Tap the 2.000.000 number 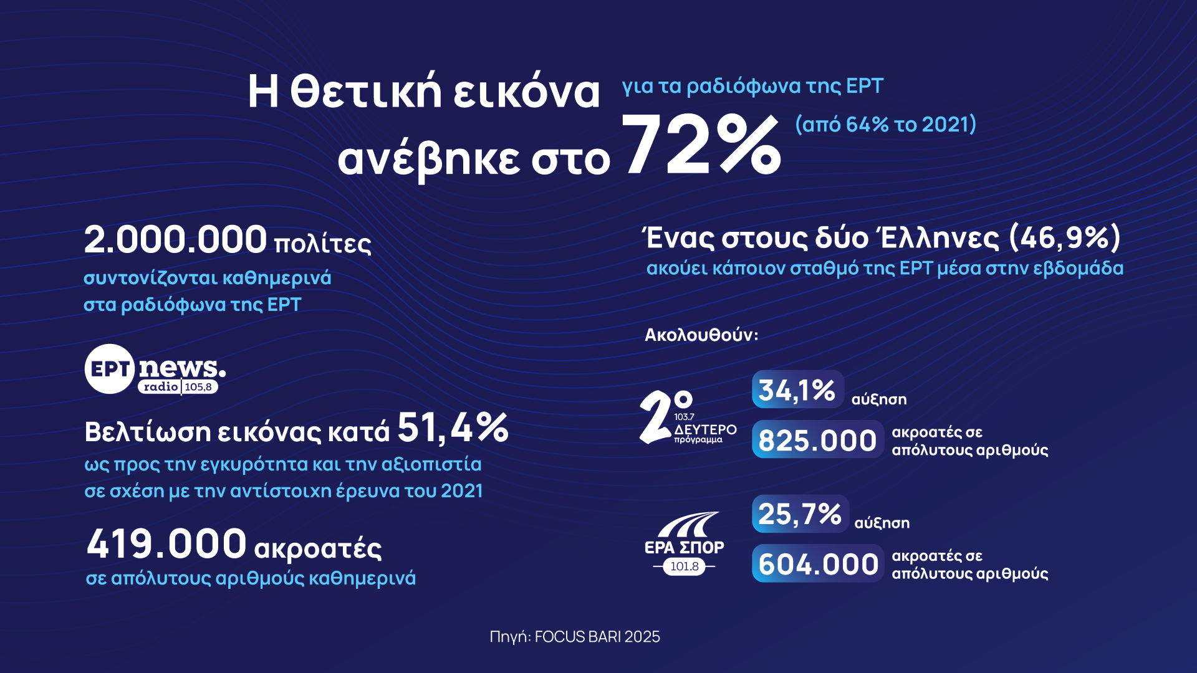pyautogui.click(x=175, y=240)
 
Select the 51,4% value pyautogui.click(x=453, y=428)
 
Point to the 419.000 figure pyautogui.click(x=166, y=544)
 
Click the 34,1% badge pyautogui.click(x=797, y=390)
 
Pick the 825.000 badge pyautogui.click(x=817, y=440)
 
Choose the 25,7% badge pyautogui.click(x=800, y=514)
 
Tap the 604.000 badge pyautogui.click(x=817, y=564)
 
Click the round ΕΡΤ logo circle pyautogui.click(x=110, y=369)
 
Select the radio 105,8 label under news pyautogui.click(x=178, y=387)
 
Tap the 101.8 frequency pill pyautogui.click(x=685, y=566)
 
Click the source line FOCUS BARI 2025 pyautogui.click(x=574, y=636)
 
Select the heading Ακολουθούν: pyautogui.click(x=701, y=335)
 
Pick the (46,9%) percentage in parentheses pyautogui.click(x=1065, y=237)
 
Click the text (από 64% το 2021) pyautogui.click(x=885, y=125)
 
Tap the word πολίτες pyautogui.click(x=322, y=244)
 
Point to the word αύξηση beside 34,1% pyautogui.click(x=879, y=399)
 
